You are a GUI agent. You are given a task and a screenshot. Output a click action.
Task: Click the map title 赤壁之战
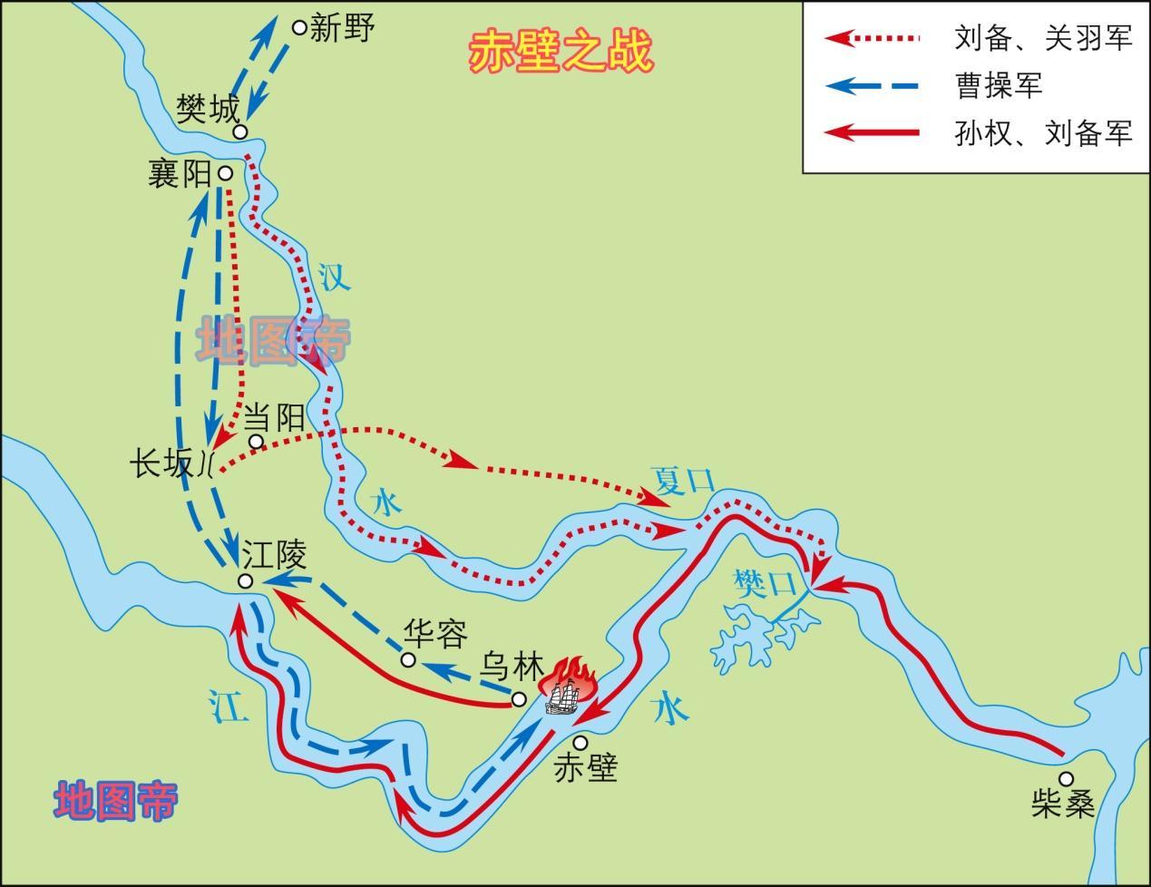(560, 53)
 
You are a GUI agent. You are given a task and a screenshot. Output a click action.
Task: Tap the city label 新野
(341, 28)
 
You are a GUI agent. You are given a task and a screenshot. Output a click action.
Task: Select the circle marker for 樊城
(240, 132)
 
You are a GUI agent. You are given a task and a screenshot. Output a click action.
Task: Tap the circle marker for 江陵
(245, 581)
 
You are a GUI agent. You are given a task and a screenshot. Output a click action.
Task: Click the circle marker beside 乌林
(519, 698)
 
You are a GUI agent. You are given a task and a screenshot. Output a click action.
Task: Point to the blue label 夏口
(683, 480)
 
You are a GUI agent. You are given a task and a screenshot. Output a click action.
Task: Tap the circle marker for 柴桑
(1066, 778)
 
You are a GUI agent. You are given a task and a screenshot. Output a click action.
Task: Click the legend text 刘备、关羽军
(1043, 38)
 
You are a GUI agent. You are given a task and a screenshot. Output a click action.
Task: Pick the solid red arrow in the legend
(872, 133)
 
